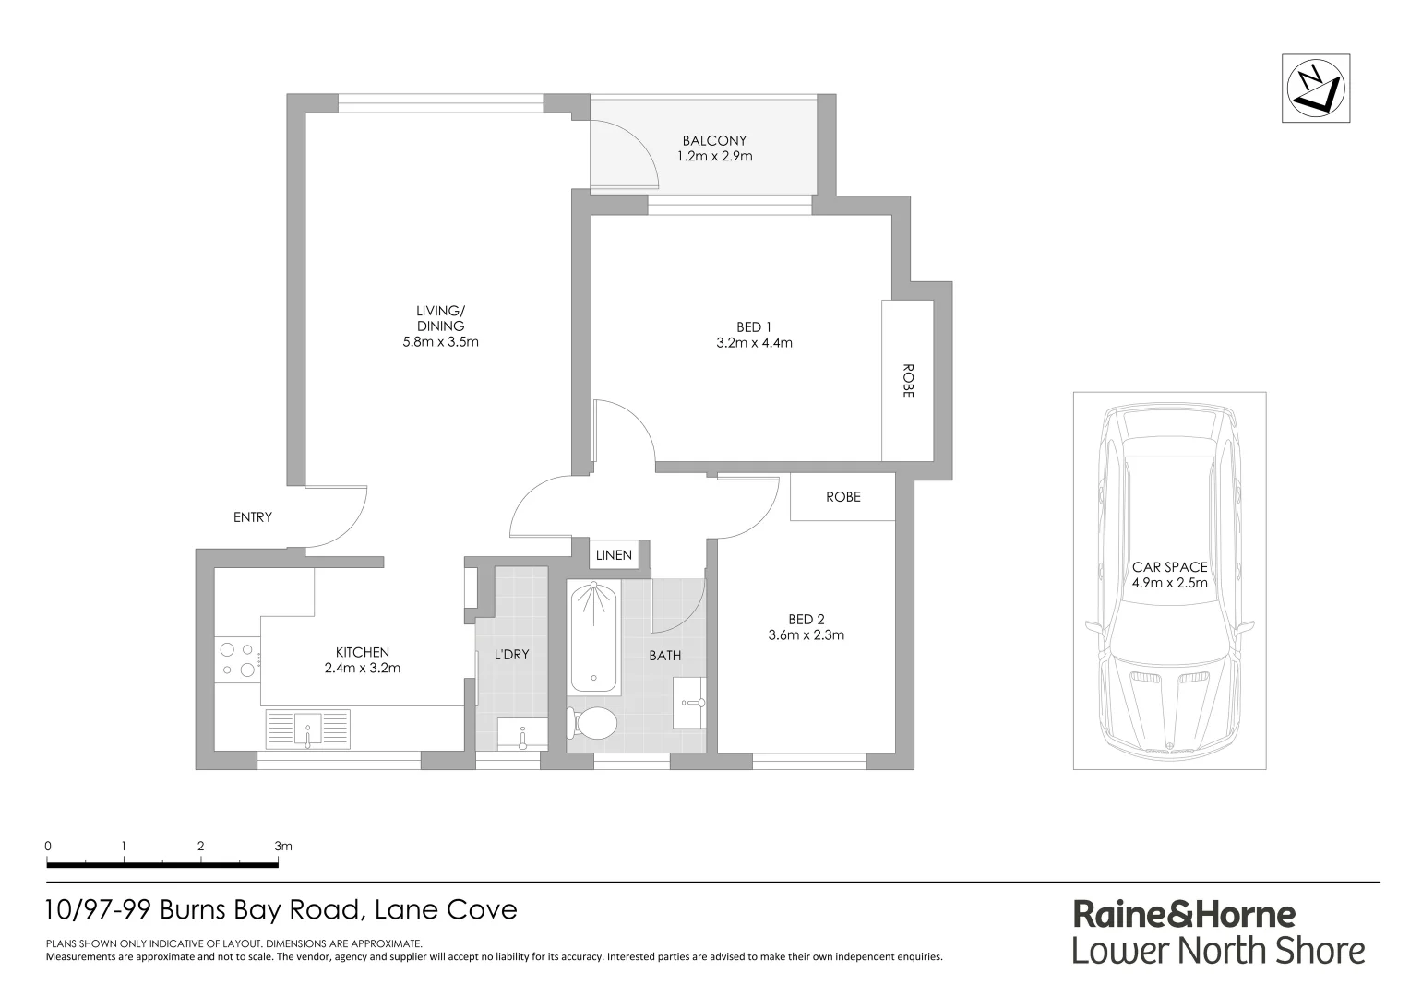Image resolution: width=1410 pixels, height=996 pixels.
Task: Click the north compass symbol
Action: pos(1316,88)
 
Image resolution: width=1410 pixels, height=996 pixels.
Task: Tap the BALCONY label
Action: pos(714,141)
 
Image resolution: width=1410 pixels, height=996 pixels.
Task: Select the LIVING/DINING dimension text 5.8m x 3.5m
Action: pos(440,341)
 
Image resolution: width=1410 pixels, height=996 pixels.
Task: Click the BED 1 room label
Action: pos(753,326)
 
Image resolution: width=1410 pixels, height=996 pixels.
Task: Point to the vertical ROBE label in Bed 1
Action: pos(907,381)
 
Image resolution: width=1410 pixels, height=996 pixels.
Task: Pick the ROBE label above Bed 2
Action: pos(842,497)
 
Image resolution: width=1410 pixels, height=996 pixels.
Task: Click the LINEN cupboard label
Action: pos(614,554)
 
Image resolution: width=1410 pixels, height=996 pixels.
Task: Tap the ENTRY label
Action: pos(252,517)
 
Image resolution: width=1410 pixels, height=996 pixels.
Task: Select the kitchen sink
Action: pos(307,729)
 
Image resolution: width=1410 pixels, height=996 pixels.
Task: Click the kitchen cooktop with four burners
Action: pos(236,660)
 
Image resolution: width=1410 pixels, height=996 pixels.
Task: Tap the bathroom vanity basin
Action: pos(689,703)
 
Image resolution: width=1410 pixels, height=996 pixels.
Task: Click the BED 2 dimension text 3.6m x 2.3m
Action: pos(806,634)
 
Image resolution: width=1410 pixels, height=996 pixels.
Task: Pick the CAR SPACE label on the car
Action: pos(1169,567)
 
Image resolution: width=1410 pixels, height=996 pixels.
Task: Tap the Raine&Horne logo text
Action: pos(1183,914)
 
